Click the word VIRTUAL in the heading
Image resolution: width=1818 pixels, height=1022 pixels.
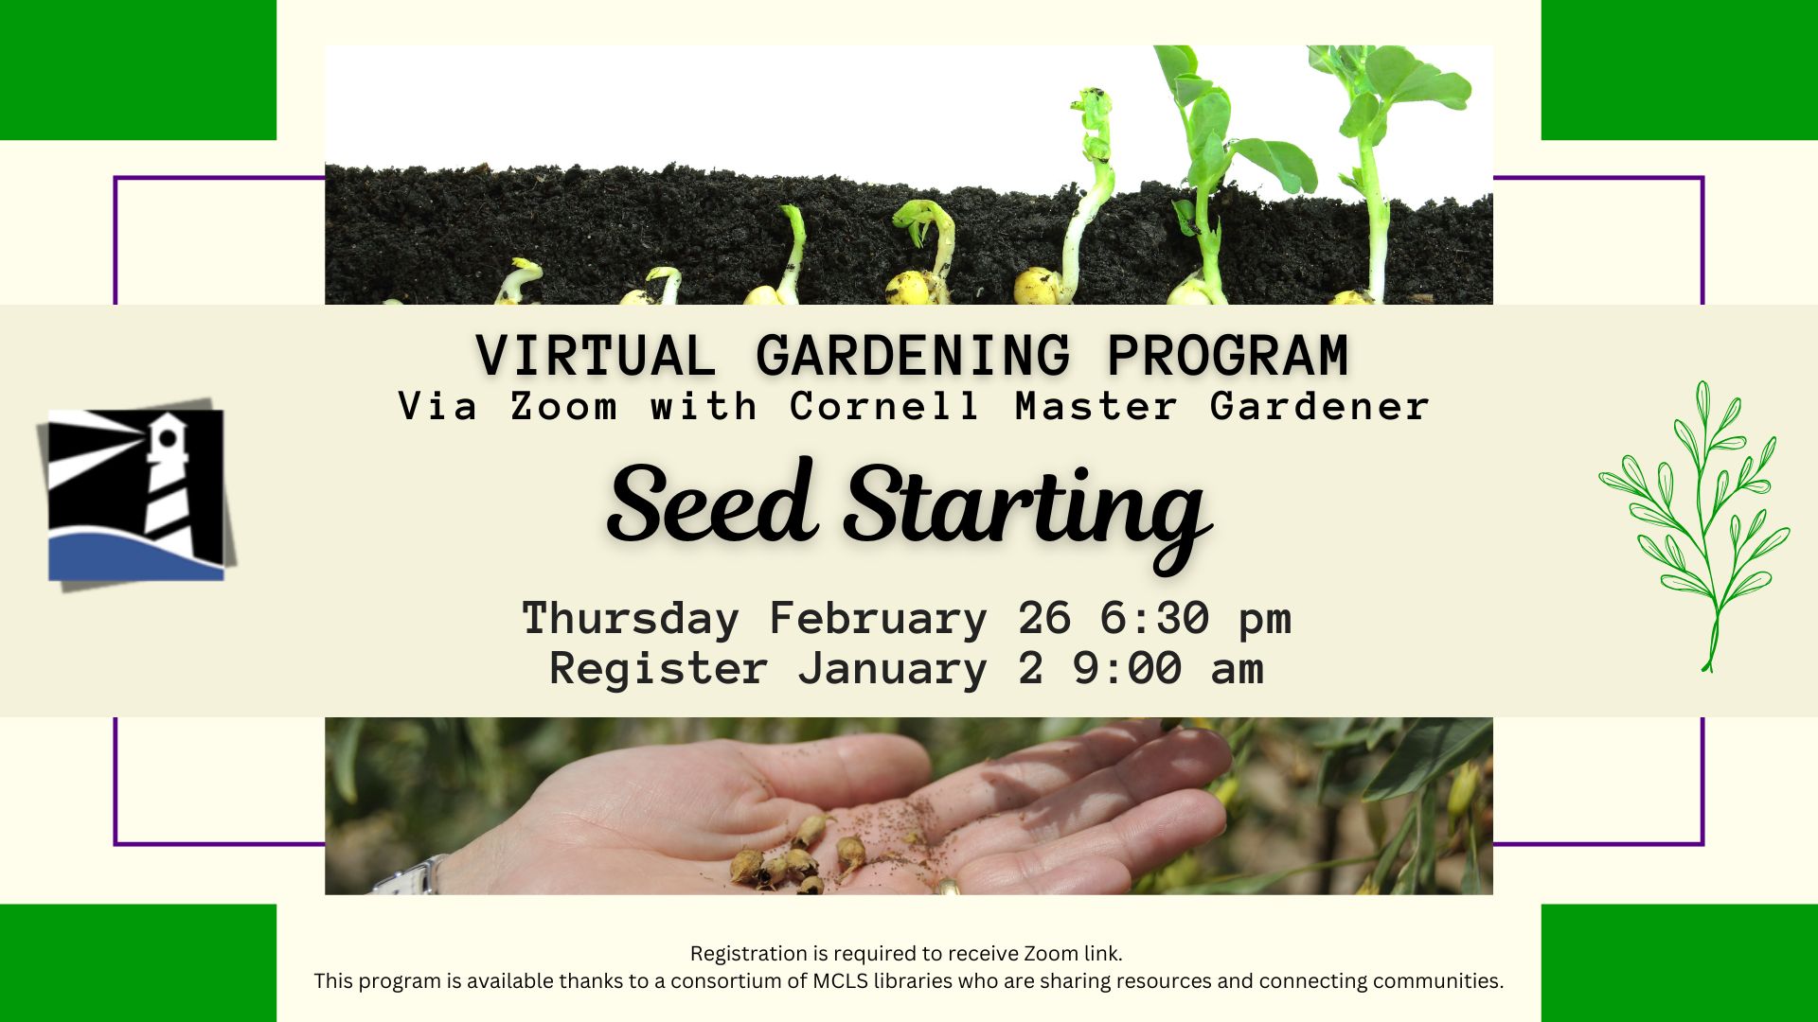(x=595, y=356)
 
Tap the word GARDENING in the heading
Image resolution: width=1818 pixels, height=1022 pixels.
(x=913, y=356)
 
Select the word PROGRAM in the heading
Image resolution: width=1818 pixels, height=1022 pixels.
(x=1228, y=356)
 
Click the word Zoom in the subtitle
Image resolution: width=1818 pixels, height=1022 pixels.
(x=563, y=407)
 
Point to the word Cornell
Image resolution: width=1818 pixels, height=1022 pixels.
(x=883, y=407)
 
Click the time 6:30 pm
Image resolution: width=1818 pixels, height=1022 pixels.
(x=1195, y=619)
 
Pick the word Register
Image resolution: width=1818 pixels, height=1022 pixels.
(x=658, y=669)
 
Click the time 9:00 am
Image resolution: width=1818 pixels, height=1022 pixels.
(x=1168, y=669)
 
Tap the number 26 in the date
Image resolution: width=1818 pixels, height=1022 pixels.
(x=1044, y=619)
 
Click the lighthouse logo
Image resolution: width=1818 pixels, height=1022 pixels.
(x=136, y=495)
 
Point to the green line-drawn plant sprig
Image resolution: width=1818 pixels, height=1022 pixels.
(x=1695, y=526)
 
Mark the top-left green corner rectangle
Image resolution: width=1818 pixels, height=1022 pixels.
(x=138, y=70)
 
